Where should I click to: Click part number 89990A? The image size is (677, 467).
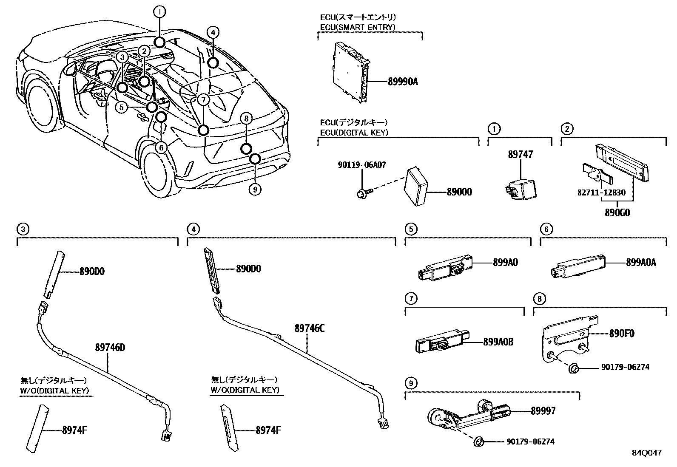point(402,81)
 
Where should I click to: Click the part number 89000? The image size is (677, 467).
point(459,192)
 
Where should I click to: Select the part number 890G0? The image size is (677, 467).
point(617,212)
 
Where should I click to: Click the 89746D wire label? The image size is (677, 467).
point(110,348)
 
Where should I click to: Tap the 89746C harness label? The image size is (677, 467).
point(309,328)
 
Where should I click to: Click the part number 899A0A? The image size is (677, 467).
point(640,263)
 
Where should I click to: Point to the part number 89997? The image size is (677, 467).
point(543,411)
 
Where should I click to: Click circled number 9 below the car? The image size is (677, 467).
point(254,190)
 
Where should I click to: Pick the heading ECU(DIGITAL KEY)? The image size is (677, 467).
point(354,133)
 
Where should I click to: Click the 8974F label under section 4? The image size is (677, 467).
point(268,430)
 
